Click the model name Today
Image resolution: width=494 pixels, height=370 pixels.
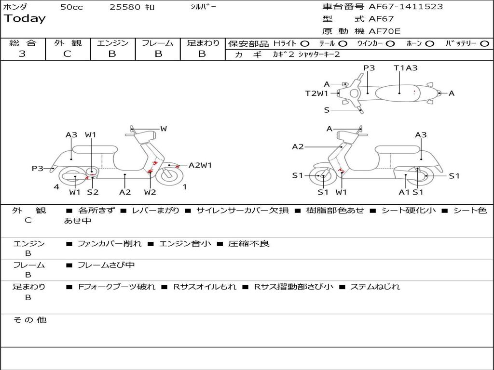click(25, 19)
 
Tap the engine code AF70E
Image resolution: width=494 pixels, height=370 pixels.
click(384, 31)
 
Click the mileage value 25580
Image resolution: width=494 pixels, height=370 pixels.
click(125, 7)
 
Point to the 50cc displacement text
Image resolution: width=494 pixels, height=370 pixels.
click(71, 7)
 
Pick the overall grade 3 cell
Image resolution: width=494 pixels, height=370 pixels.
click(22, 54)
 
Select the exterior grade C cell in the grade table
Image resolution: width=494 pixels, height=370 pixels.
click(68, 54)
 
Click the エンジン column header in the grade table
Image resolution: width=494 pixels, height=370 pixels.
click(112, 43)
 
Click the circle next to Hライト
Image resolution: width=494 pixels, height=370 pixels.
click(305, 44)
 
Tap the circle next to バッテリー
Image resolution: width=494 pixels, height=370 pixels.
click(484, 44)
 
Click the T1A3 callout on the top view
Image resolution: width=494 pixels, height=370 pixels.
click(405, 68)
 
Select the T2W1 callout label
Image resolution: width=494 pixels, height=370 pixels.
click(316, 93)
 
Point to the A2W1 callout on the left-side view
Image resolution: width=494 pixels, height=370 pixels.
click(200, 165)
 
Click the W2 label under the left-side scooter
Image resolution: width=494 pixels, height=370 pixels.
click(150, 192)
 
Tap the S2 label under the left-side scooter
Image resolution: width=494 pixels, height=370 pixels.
click(93, 192)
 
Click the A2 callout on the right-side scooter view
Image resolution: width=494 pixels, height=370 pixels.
click(298, 147)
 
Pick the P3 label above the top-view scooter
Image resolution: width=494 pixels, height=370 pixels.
click(369, 68)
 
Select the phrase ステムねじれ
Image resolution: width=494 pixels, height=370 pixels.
click(375, 287)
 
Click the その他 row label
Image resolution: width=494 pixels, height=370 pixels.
click(29, 320)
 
